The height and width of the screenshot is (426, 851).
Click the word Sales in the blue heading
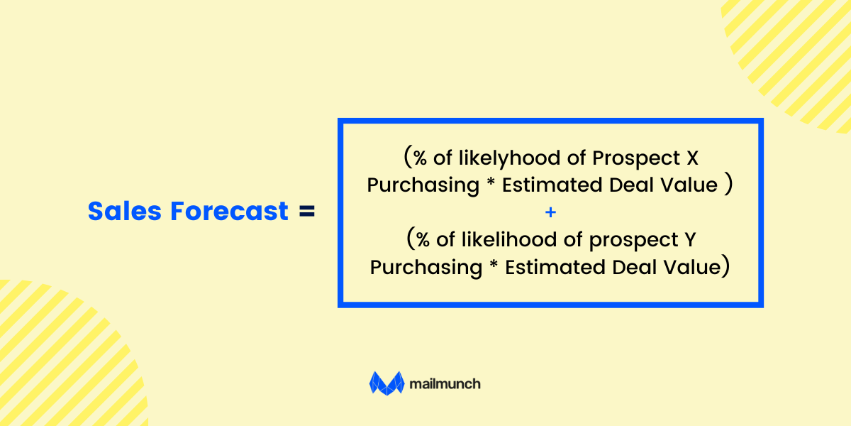pos(125,211)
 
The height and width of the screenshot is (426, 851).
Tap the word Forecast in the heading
pos(230,211)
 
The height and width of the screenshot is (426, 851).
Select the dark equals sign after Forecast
pos(307,211)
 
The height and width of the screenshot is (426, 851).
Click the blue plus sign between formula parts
pos(550,212)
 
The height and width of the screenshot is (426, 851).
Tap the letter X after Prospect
pos(693,158)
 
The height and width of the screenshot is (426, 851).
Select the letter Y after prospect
pos(690,240)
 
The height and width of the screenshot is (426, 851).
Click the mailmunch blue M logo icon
pos(386,383)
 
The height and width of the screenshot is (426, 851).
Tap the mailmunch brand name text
pos(445,384)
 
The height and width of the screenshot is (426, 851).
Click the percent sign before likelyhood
pos(420,158)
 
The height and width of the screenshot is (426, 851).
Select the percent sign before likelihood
pos(423,240)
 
